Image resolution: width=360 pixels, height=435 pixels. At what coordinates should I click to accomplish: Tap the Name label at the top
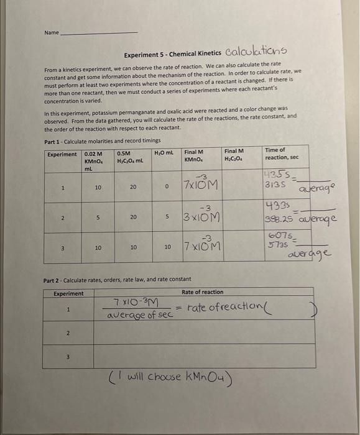pos(51,32)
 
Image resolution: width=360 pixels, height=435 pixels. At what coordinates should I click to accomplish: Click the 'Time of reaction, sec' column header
pos(281,153)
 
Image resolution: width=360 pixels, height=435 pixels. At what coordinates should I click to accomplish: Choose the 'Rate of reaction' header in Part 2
pos(203,292)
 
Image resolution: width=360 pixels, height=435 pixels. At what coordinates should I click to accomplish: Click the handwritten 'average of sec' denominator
pos(138,315)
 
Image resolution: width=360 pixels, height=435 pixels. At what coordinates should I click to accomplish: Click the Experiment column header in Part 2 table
pos(68,293)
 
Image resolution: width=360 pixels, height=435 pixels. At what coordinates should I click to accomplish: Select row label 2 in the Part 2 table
pos(68,334)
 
